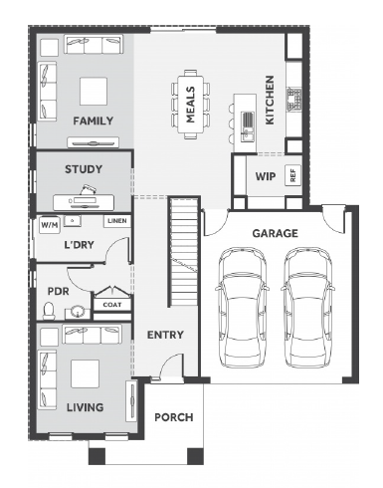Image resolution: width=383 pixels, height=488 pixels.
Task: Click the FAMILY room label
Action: coord(94,121)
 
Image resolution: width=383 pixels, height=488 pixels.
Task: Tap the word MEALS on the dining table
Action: coord(190,105)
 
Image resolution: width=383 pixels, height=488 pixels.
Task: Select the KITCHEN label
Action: coord(270,101)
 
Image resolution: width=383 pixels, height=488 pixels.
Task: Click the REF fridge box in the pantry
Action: coord(293,175)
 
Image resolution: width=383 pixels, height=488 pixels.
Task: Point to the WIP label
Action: coord(266,176)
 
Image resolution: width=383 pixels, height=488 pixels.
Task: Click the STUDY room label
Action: coord(84,169)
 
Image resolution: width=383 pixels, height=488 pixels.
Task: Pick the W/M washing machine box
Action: coord(50,225)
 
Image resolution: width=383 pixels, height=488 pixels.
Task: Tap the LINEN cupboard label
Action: coord(117,220)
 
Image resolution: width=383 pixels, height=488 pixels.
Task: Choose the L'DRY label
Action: coord(79,245)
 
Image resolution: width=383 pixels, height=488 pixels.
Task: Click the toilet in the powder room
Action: coord(49,311)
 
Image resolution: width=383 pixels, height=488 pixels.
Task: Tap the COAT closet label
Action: coord(112,305)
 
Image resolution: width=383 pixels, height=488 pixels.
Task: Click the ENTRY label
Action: coord(165,335)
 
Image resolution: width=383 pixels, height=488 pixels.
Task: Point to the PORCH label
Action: coord(174,417)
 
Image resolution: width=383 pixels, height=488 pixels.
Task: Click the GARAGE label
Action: coord(276,233)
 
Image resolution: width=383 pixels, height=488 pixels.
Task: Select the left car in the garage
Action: coord(242,307)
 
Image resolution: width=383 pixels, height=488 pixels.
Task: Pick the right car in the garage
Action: coord(307,307)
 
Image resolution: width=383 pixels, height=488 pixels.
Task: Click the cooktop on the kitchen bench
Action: coord(294,99)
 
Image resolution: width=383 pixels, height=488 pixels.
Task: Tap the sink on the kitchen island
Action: coord(248,126)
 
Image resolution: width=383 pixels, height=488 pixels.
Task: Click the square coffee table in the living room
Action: coord(86,373)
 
